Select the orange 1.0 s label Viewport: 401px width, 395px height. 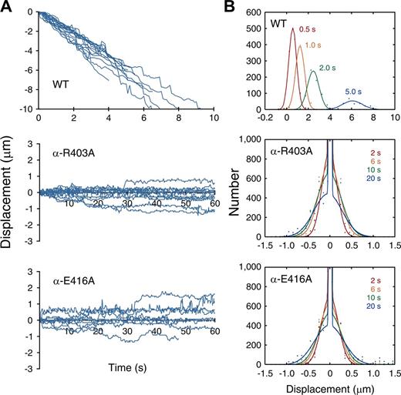(x=317, y=46)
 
